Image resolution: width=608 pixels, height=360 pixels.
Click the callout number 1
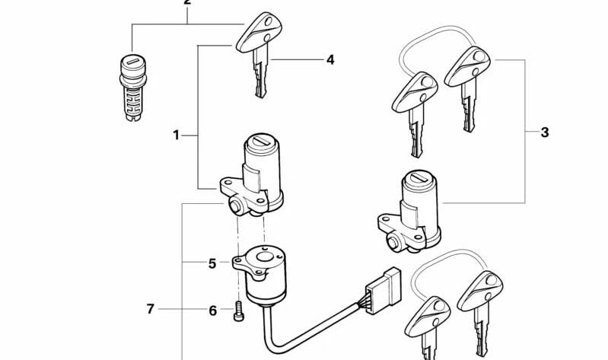(x=177, y=135)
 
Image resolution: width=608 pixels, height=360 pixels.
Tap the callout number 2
(x=187, y=3)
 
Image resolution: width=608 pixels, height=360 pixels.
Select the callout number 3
(x=545, y=133)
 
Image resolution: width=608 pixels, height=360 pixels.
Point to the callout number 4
(x=330, y=59)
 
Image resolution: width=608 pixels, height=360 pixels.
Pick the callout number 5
(x=213, y=264)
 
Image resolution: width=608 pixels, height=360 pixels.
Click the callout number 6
(x=213, y=311)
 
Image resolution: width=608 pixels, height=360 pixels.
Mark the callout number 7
(x=151, y=310)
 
